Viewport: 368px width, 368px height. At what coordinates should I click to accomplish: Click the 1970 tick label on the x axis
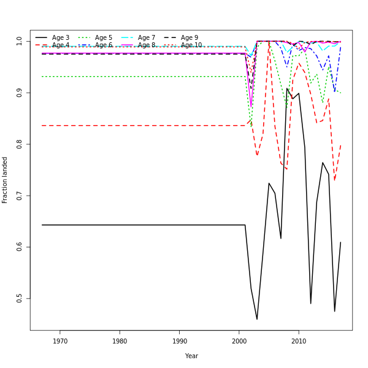click(60, 341)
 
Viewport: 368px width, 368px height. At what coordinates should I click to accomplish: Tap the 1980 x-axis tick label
click(120, 341)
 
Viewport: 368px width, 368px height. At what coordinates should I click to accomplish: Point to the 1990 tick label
click(180, 341)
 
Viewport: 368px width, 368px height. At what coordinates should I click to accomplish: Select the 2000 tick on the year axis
click(239, 341)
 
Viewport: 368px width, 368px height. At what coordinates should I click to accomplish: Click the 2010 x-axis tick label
click(299, 341)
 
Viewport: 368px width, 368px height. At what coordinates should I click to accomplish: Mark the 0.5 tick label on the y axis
click(20, 298)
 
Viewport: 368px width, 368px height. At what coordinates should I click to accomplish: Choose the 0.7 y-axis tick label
click(20, 196)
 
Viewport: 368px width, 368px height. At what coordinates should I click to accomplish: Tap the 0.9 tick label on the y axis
click(20, 93)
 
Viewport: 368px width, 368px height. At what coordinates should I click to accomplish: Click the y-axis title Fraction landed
click(5, 180)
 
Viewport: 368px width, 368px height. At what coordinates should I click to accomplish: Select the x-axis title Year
click(191, 356)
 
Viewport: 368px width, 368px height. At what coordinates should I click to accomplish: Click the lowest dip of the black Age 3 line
click(257, 319)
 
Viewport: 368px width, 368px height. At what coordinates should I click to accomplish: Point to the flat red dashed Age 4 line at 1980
click(120, 126)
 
